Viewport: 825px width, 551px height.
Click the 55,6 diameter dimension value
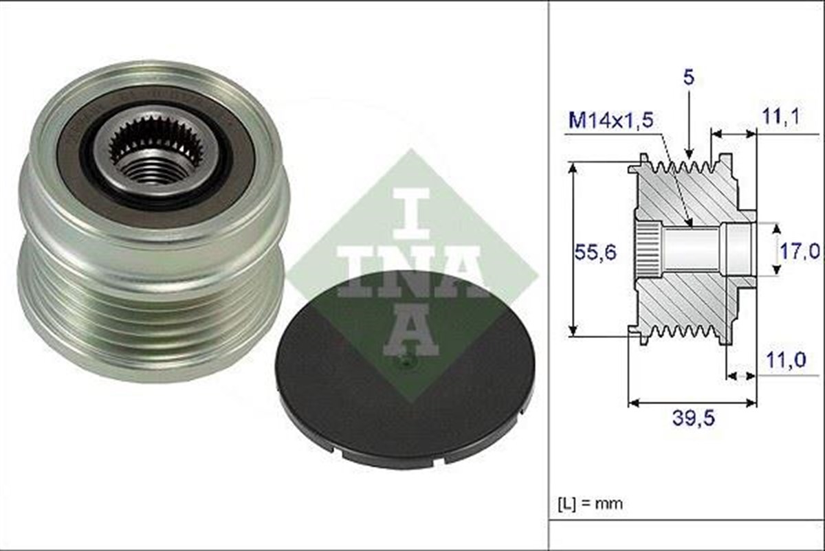[x=595, y=252]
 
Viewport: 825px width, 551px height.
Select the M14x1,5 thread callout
[x=611, y=121]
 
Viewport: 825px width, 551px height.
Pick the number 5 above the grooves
[x=688, y=78]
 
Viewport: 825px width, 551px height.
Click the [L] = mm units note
[x=589, y=504]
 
